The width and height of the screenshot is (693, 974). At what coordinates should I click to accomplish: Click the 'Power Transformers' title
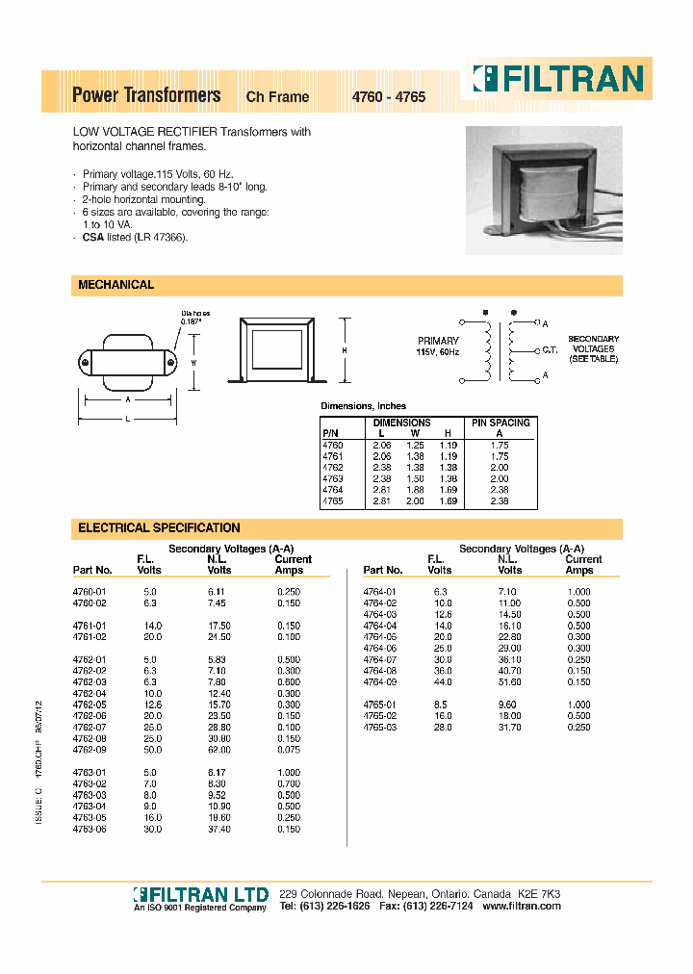tap(146, 95)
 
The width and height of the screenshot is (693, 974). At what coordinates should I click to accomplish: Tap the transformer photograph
tap(544, 190)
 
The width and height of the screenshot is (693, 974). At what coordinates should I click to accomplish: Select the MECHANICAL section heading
tap(115, 285)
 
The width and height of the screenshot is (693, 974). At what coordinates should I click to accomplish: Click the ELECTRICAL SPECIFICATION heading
tap(159, 527)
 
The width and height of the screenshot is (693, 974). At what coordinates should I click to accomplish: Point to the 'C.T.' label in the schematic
tap(551, 350)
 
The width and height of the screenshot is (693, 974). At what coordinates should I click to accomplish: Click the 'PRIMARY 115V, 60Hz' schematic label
tap(438, 346)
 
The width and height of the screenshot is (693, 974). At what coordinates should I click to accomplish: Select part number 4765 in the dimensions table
tap(332, 501)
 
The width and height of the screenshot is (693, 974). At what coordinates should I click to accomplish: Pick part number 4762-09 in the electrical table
tap(89, 749)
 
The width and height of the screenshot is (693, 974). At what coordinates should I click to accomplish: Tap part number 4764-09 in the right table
tap(379, 682)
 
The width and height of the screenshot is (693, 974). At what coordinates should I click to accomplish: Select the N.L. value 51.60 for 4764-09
tap(510, 682)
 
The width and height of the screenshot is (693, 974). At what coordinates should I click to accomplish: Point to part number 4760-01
tap(89, 592)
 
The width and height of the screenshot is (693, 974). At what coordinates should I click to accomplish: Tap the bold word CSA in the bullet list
tap(92, 237)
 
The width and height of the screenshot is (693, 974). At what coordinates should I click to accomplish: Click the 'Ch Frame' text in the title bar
tap(278, 97)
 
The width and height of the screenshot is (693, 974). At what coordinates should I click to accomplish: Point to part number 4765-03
tap(379, 728)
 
